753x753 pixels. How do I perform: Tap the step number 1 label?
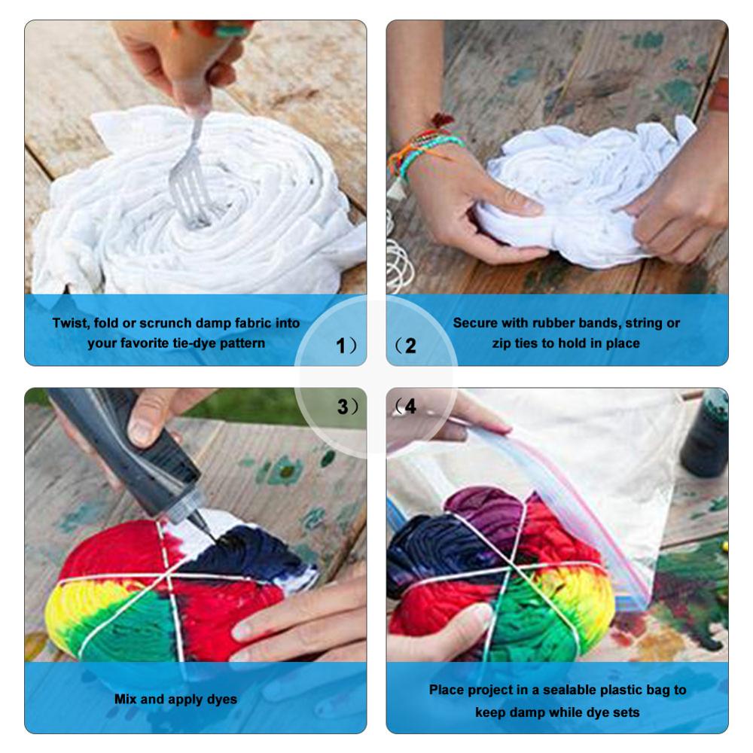click(342, 346)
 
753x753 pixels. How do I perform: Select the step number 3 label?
click(343, 407)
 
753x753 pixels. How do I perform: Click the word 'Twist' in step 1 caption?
click(69, 323)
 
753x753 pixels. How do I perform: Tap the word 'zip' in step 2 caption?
click(495, 343)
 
